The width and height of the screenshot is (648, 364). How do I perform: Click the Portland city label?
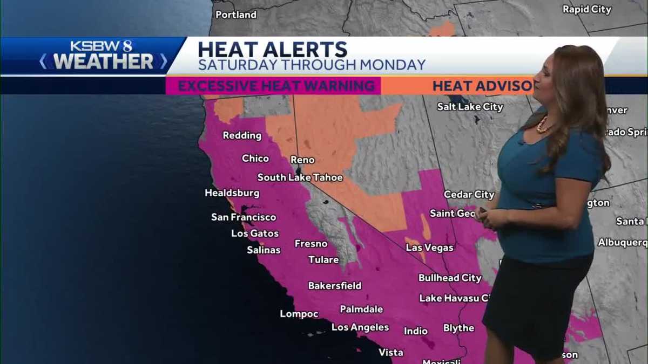(x=236, y=15)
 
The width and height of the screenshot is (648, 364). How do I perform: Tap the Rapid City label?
(x=586, y=9)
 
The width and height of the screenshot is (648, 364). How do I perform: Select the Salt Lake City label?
(x=470, y=107)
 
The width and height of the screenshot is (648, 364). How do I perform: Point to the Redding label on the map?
(x=242, y=135)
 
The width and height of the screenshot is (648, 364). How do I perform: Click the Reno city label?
(x=302, y=160)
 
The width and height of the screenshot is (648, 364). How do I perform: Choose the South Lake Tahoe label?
(x=300, y=177)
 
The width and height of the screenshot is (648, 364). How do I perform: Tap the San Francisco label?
(x=244, y=217)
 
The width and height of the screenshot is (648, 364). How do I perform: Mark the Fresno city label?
(x=310, y=244)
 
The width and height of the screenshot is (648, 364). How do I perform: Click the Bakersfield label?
(x=335, y=285)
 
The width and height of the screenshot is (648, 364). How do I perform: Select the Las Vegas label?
(x=429, y=248)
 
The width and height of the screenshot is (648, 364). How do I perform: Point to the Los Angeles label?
(x=360, y=327)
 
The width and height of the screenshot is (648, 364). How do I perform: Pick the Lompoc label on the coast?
(x=299, y=314)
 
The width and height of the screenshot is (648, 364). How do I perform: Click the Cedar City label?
(x=469, y=194)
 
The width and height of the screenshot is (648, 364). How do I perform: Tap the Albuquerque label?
(x=622, y=242)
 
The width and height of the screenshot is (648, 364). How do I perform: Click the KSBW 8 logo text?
(x=101, y=46)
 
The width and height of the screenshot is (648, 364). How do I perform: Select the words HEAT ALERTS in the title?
(x=272, y=49)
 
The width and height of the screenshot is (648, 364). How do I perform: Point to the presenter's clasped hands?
(x=491, y=218)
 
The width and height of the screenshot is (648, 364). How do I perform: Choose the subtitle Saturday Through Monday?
(x=312, y=65)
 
